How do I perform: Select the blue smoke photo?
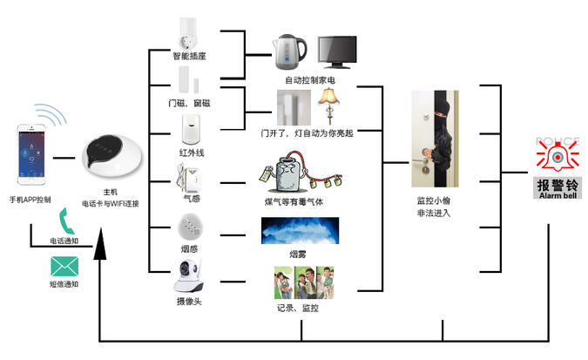[300, 231]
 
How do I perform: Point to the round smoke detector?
[190, 228]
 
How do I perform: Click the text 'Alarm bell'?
[558, 196]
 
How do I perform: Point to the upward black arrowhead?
[101, 246]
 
